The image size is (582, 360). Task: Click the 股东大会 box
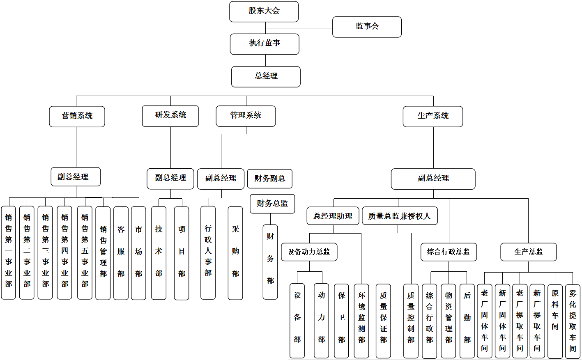tap(264, 11)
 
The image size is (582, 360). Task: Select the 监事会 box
tap(367, 27)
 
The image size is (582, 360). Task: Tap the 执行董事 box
tap(265, 44)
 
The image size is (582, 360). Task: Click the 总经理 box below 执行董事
tap(266, 76)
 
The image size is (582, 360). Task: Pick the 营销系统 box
tap(77, 117)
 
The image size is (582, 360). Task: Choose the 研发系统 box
tap(170, 116)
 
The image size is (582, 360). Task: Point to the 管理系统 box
tap(246, 116)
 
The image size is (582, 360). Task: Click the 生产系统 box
tap(433, 117)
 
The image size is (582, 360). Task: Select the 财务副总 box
tap(269, 179)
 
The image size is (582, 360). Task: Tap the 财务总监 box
tap(272, 204)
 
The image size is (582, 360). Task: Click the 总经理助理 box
tap(333, 216)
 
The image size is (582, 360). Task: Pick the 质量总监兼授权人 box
tap(400, 216)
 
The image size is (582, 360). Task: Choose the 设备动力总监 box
tap(309, 252)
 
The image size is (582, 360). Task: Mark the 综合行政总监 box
tap(449, 252)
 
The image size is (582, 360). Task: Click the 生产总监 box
tap(528, 252)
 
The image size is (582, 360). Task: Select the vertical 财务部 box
tap(270, 261)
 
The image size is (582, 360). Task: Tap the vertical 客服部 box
tap(121, 252)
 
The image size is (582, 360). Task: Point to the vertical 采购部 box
tap(235, 252)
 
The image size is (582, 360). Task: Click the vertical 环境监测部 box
tap(361, 320)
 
